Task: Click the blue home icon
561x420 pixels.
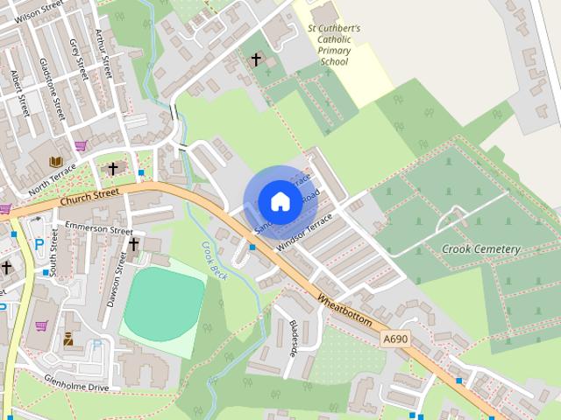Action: click(x=279, y=201)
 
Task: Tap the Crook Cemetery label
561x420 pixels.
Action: click(x=480, y=249)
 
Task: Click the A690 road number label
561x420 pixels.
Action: click(x=394, y=337)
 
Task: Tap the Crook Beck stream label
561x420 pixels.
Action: click(x=214, y=261)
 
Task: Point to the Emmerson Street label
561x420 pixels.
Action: click(x=98, y=229)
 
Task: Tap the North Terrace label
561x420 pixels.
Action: click(x=53, y=177)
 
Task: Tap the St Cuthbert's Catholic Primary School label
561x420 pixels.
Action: click(x=334, y=45)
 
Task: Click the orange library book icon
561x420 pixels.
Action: click(x=56, y=163)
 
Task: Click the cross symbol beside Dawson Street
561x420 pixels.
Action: click(x=134, y=245)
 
